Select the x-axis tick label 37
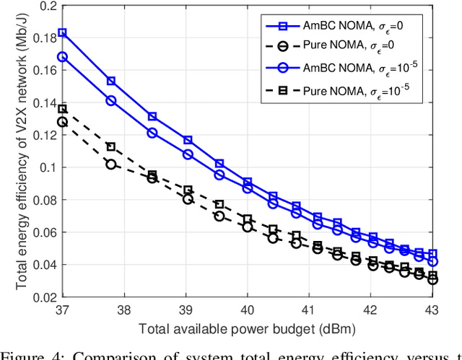coord(62,308)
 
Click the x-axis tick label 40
coord(247,308)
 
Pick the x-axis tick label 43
coord(432,308)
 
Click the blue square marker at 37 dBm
coord(62,32)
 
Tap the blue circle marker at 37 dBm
coord(62,57)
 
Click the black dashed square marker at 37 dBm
coord(62,109)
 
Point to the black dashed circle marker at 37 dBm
coord(62,122)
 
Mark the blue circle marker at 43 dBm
coord(432,261)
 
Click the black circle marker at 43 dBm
coord(432,279)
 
